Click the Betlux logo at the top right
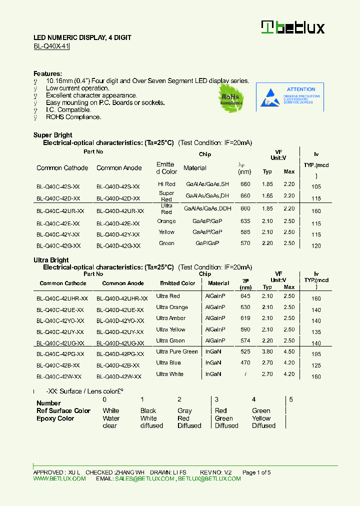[x=293, y=27]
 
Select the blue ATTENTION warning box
[x=290, y=96]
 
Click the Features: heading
[x=47, y=73]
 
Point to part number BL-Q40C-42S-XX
[x=58, y=186]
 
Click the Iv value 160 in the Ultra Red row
[x=316, y=211]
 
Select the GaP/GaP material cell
[x=207, y=243]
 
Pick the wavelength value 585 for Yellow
[x=245, y=232]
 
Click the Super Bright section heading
[x=52, y=135]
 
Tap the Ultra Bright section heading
[x=51, y=260]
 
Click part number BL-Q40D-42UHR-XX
[x=122, y=298]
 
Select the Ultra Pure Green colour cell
[x=177, y=351]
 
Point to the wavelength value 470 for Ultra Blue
[x=245, y=362]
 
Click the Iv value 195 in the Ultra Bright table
[x=316, y=354]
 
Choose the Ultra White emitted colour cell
[x=169, y=374]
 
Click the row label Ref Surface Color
[x=63, y=410]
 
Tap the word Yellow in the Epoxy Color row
[x=261, y=418]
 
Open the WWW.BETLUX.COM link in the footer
[x=59, y=478]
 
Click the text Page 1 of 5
[x=256, y=472]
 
